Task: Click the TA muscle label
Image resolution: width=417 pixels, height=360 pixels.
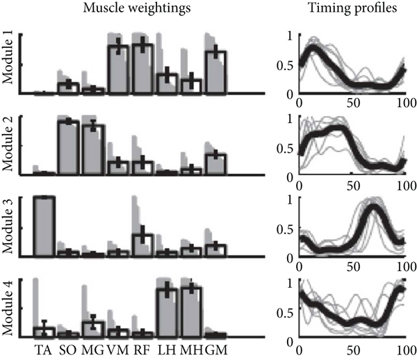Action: [44, 347]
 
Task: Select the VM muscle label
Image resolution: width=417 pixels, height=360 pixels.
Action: [118, 347]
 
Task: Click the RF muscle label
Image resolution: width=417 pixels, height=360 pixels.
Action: [142, 347]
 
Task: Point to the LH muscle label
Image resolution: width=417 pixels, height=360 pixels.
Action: [167, 347]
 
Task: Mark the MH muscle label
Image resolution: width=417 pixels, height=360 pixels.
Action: [193, 347]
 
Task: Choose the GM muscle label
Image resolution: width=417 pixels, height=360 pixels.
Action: [217, 347]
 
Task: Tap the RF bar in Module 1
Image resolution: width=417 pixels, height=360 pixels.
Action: [142, 69]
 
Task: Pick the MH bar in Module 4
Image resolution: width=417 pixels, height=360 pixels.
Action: [192, 313]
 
